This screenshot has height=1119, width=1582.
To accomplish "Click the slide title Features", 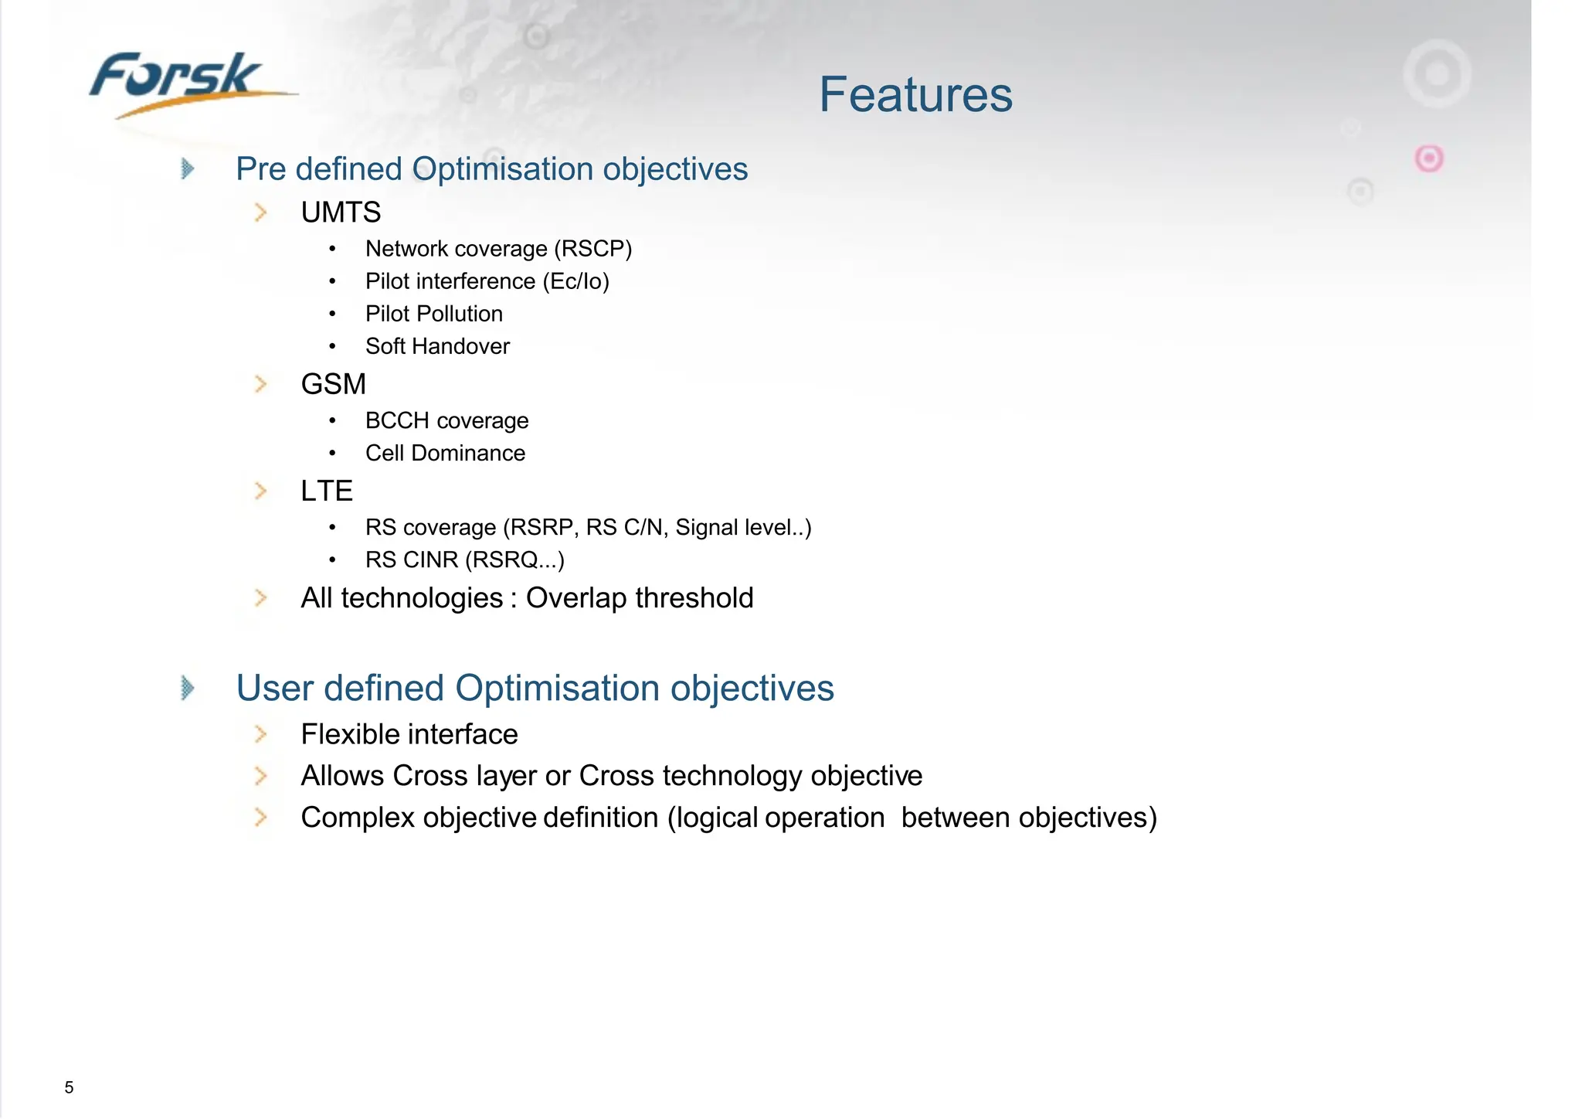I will click(915, 94).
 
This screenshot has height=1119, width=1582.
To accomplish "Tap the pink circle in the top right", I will click(1428, 158).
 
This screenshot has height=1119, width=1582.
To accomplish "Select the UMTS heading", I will click(341, 213).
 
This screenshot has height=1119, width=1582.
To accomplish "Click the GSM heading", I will click(333, 384).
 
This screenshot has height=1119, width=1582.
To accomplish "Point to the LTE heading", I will click(326, 491).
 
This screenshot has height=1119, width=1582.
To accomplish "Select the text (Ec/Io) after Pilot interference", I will click(575, 281).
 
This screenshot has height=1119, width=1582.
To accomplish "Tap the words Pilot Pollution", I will click(433, 314).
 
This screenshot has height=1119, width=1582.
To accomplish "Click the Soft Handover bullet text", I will click(437, 346).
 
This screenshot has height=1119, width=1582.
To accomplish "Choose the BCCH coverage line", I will click(446, 420).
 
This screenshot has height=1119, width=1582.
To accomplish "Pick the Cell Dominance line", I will click(445, 453).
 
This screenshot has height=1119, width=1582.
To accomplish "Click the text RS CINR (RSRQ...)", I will click(464, 559).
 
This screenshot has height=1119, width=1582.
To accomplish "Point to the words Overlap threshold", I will click(639, 598).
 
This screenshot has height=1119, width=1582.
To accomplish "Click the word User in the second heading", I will click(274, 688).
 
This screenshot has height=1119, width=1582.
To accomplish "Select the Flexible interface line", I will click(409, 734).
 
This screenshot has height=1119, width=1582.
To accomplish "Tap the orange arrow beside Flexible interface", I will click(261, 734).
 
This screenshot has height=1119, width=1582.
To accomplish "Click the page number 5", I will click(69, 1087).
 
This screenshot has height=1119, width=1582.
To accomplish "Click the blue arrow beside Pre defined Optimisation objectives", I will click(187, 168).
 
